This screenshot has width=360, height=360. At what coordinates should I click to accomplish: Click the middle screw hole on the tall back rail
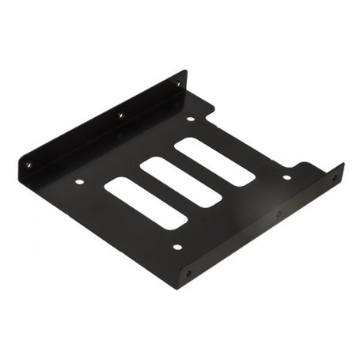(x=121, y=116)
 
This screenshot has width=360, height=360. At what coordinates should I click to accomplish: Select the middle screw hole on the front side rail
(x=278, y=214)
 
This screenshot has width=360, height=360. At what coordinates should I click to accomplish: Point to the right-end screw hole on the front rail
(x=335, y=178)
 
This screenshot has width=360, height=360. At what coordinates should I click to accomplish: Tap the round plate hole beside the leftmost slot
(x=80, y=184)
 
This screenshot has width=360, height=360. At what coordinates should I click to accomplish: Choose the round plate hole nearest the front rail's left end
(x=176, y=246)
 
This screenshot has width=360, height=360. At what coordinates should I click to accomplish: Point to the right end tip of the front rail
(x=343, y=167)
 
